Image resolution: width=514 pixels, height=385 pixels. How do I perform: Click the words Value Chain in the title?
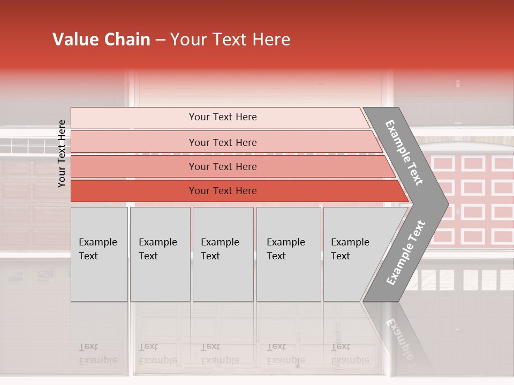(101, 40)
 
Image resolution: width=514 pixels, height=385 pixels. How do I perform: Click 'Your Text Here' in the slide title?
(230, 40)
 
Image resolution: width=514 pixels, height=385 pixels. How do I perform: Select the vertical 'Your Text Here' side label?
(62, 153)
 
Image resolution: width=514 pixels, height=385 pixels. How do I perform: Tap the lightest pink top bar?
(134, 118)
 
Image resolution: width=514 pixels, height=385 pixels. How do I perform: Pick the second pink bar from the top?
(134, 142)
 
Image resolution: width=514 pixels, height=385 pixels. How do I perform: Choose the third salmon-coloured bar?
(134, 166)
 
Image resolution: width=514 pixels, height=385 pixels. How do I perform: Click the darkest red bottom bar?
(134, 191)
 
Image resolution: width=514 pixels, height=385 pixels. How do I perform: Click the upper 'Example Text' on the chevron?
(405, 152)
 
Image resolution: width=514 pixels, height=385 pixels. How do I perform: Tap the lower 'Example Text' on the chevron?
(406, 252)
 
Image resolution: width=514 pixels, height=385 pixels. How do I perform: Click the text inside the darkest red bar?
(223, 191)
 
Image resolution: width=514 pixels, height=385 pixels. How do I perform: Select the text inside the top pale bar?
(223, 117)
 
